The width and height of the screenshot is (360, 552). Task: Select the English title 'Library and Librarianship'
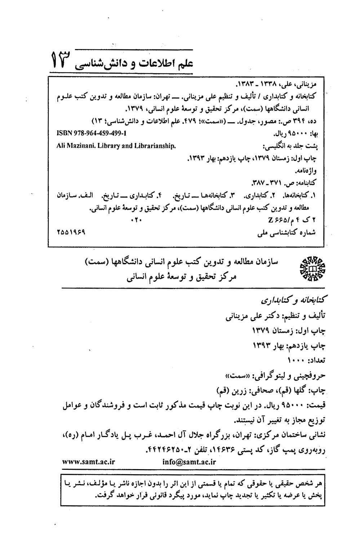tap(136, 146)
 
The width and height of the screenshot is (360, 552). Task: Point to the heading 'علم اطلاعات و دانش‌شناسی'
tap(134, 63)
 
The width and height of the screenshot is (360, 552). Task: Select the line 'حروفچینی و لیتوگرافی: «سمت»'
tap(275, 375)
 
